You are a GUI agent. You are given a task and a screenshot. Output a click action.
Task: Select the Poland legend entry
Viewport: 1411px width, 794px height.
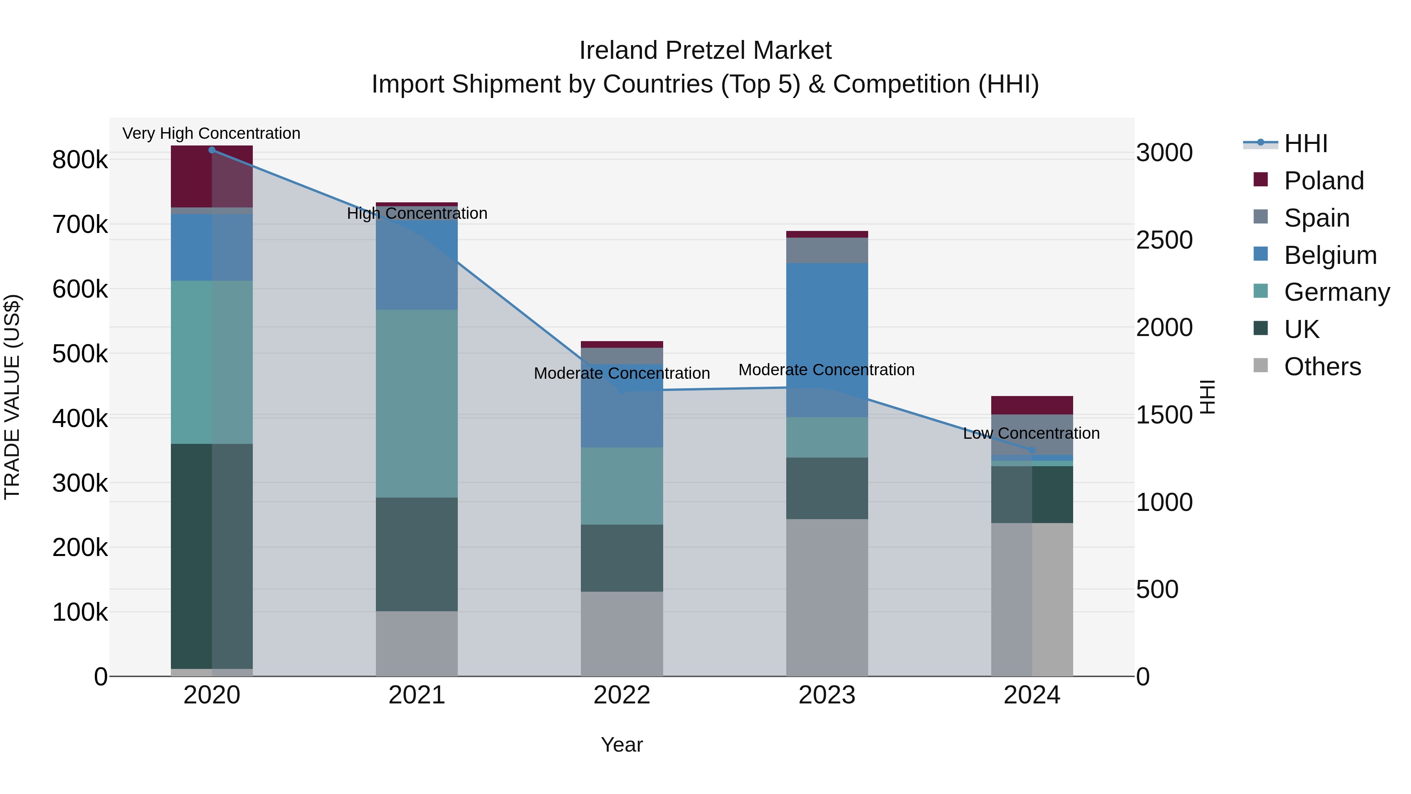pyautogui.click(x=1323, y=181)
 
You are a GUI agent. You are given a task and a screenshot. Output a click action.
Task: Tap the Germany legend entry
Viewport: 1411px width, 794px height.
pyautogui.click(x=1336, y=292)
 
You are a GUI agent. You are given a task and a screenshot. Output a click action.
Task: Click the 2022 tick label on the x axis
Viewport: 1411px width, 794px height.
pyautogui.click(x=622, y=695)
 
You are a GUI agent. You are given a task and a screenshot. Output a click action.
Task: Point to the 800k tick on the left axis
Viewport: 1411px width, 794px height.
pyautogui.click(x=80, y=160)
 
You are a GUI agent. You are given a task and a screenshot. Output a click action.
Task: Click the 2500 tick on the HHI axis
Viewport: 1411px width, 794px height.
pyautogui.click(x=1164, y=240)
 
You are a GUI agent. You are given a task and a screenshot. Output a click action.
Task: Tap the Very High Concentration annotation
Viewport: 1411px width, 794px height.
pyautogui.click(x=211, y=134)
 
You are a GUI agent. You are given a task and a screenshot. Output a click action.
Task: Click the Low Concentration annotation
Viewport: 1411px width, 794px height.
pyautogui.click(x=1031, y=433)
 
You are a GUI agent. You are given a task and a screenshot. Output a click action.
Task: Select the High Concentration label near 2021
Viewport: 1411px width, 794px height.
pyautogui.click(x=417, y=213)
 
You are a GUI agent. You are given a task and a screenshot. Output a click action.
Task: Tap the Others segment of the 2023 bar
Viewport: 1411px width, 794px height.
pyautogui.click(x=827, y=597)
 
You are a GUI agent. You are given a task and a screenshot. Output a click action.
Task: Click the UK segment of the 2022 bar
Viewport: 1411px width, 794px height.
pyautogui.click(x=622, y=558)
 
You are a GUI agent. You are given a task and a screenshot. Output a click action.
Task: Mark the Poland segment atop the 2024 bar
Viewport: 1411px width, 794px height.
pyautogui.click(x=1032, y=405)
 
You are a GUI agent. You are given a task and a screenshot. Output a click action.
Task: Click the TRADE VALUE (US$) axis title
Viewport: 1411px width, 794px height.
pyautogui.click(x=13, y=397)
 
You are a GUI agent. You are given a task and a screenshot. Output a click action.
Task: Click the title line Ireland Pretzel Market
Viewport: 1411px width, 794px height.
pyautogui.click(x=705, y=51)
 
